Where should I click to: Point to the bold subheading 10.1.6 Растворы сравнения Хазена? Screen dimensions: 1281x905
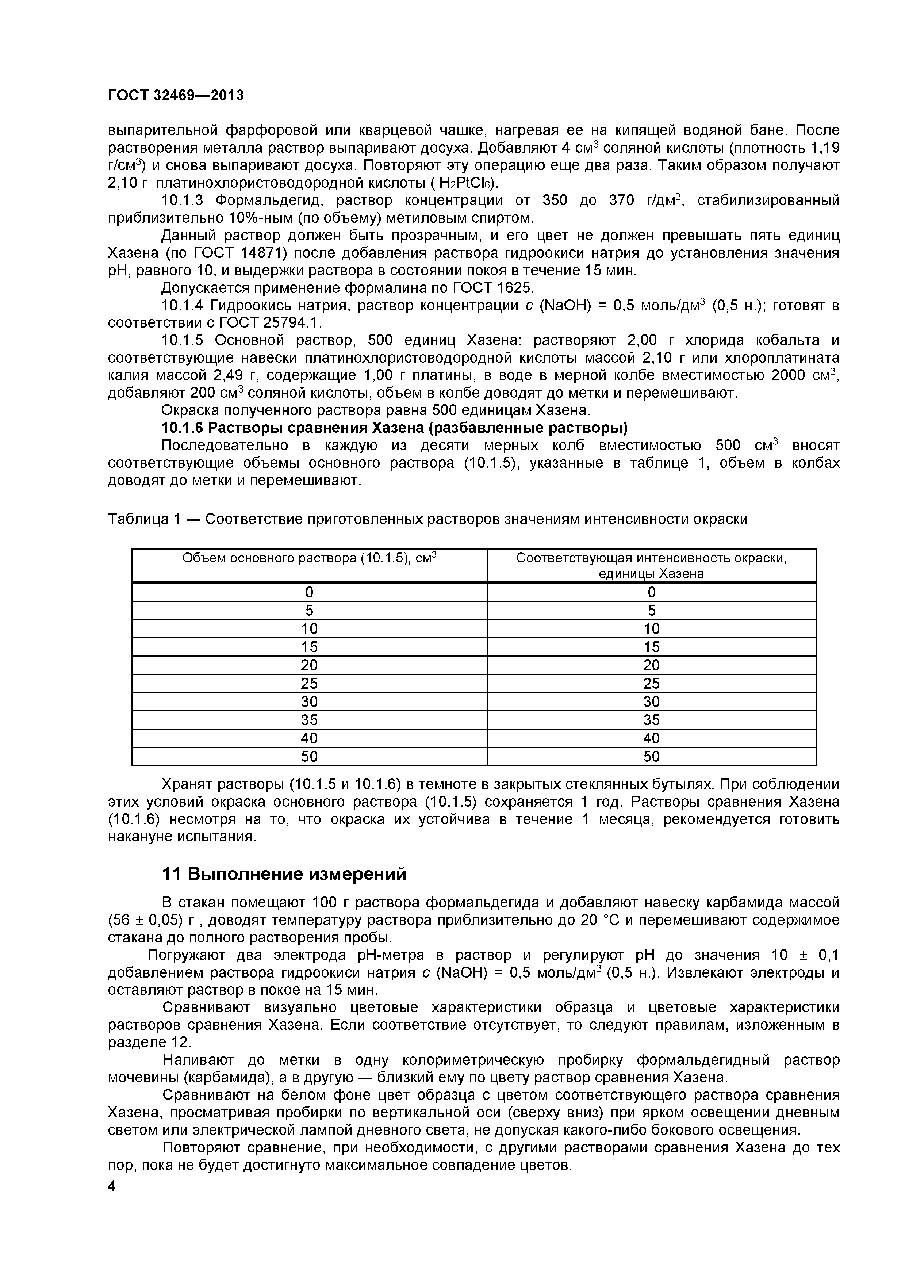(x=394, y=428)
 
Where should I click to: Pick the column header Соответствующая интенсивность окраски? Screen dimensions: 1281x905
(x=651, y=565)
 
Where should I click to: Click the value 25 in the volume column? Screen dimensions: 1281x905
(x=310, y=684)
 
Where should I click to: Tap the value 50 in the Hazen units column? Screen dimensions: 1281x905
(x=651, y=757)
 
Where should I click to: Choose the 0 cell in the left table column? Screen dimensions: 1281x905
(x=310, y=592)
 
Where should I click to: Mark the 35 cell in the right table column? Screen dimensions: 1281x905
(x=651, y=720)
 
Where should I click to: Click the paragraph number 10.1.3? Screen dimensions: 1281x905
(x=185, y=200)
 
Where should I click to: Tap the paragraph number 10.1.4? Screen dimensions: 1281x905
(x=185, y=306)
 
